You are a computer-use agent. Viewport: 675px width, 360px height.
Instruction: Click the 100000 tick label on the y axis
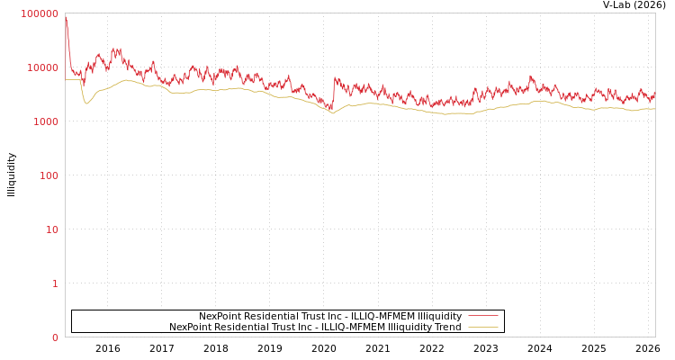pyautogui.click(x=40, y=13)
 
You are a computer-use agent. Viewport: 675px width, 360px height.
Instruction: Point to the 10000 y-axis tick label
pyautogui.click(x=43, y=67)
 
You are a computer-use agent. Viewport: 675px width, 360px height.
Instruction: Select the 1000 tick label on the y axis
pyautogui.click(x=46, y=121)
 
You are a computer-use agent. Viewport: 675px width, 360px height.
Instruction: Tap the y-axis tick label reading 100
pyautogui.click(x=49, y=175)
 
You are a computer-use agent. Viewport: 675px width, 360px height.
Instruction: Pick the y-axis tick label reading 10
pyautogui.click(x=51, y=229)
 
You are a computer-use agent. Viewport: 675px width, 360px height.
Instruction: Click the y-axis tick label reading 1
pyautogui.click(x=55, y=283)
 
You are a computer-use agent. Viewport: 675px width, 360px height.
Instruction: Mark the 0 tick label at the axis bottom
pyautogui.click(x=55, y=337)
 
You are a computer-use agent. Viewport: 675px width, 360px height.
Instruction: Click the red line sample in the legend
pyautogui.click(x=483, y=317)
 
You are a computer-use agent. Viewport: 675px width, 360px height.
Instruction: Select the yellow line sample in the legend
pyautogui.click(x=483, y=328)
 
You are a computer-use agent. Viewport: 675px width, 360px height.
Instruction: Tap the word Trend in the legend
pyautogui.click(x=446, y=328)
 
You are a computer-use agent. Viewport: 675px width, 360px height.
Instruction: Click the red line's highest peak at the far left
pyautogui.click(x=66, y=17)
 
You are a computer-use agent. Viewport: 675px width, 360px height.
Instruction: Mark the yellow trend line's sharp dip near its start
pyautogui.click(x=86, y=103)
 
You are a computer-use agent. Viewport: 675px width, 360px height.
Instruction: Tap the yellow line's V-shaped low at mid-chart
pyautogui.click(x=333, y=113)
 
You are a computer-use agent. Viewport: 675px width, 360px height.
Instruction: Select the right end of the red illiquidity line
pyautogui.click(x=654, y=92)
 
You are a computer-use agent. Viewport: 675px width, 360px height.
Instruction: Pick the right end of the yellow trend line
pyautogui.click(x=654, y=109)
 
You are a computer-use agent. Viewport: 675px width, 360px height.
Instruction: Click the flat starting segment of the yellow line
pyautogui.click(x=73, y=79)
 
